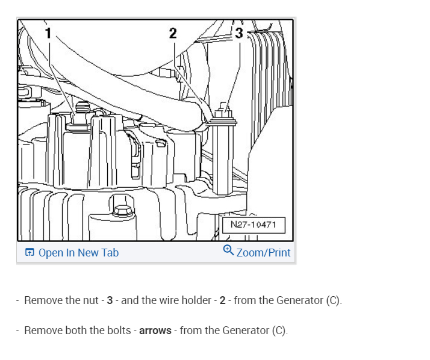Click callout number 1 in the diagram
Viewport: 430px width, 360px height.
48,33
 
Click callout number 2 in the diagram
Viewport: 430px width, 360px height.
173,33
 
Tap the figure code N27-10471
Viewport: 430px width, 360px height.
254,225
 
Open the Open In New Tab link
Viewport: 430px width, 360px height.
78,253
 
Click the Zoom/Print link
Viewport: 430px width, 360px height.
264,253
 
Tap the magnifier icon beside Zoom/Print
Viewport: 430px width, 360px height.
228,250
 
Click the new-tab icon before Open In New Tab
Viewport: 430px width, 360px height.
30,253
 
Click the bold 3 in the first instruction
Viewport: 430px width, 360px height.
110,300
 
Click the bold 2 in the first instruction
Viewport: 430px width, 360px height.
222,300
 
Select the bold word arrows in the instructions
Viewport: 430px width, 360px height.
156,331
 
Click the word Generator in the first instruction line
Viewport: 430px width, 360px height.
299,300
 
